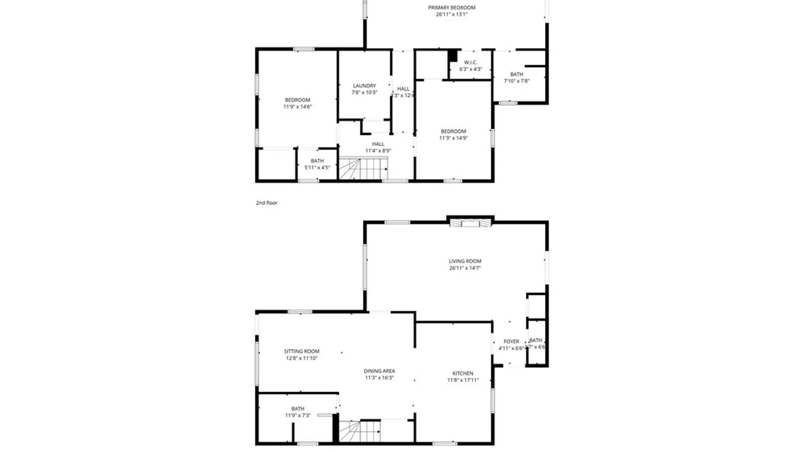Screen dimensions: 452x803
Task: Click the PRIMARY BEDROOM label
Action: (451, 8)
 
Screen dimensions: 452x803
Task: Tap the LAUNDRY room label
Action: (364, 86)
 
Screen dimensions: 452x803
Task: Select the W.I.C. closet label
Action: (471, 63)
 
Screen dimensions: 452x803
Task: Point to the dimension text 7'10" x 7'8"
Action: (517, 81)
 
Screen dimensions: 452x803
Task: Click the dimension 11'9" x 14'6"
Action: (297, 107)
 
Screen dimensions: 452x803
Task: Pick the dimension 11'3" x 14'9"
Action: (453, 138)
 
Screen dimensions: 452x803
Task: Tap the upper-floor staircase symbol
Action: (363, 168)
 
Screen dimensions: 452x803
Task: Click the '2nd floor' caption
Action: (266, 203)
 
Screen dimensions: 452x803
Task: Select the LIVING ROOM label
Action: (465, 261)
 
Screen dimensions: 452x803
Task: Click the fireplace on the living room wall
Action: (470, 223)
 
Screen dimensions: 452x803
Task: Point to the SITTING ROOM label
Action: (302, 352)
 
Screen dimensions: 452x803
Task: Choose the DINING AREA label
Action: (379, 371)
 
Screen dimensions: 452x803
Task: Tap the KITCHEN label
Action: (463, 373)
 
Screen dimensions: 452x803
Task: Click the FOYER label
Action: (511, 342)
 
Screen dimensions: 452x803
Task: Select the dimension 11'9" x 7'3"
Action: (298, 416)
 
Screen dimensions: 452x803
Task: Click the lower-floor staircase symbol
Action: (359, 431)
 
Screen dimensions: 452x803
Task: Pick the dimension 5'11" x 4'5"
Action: (317, 168)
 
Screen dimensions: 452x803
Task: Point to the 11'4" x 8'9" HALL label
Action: (378, 144)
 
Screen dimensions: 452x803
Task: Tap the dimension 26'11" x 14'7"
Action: (465, 268)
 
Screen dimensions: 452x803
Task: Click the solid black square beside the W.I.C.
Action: (453, 56)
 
